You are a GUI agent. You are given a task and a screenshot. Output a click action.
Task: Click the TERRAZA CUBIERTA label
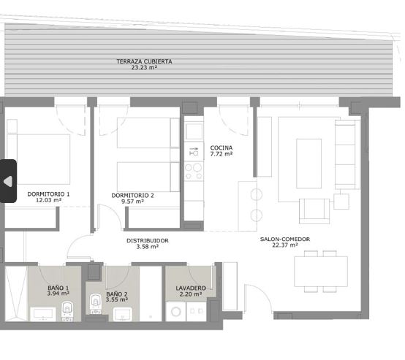click(144, 61)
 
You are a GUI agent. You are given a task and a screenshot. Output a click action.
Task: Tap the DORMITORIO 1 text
click(48, 194)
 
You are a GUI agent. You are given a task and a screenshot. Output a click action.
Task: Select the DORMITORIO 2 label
click(132, 196)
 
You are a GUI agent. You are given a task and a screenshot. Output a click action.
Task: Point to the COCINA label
click(221, 148)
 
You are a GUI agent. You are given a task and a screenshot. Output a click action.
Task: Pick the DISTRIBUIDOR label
click(147, 240)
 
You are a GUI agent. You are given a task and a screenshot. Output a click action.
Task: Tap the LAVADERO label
click(190, 288)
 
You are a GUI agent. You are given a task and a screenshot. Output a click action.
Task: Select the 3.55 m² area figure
click(116, 300)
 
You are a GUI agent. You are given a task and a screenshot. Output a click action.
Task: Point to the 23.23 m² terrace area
click(144, 68)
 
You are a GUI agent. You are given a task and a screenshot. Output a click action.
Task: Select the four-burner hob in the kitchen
click(194, 171)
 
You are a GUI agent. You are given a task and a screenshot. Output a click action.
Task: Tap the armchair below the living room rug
click(314, 211)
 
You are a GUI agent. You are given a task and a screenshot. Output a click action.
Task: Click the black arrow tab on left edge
click(8, 180)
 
